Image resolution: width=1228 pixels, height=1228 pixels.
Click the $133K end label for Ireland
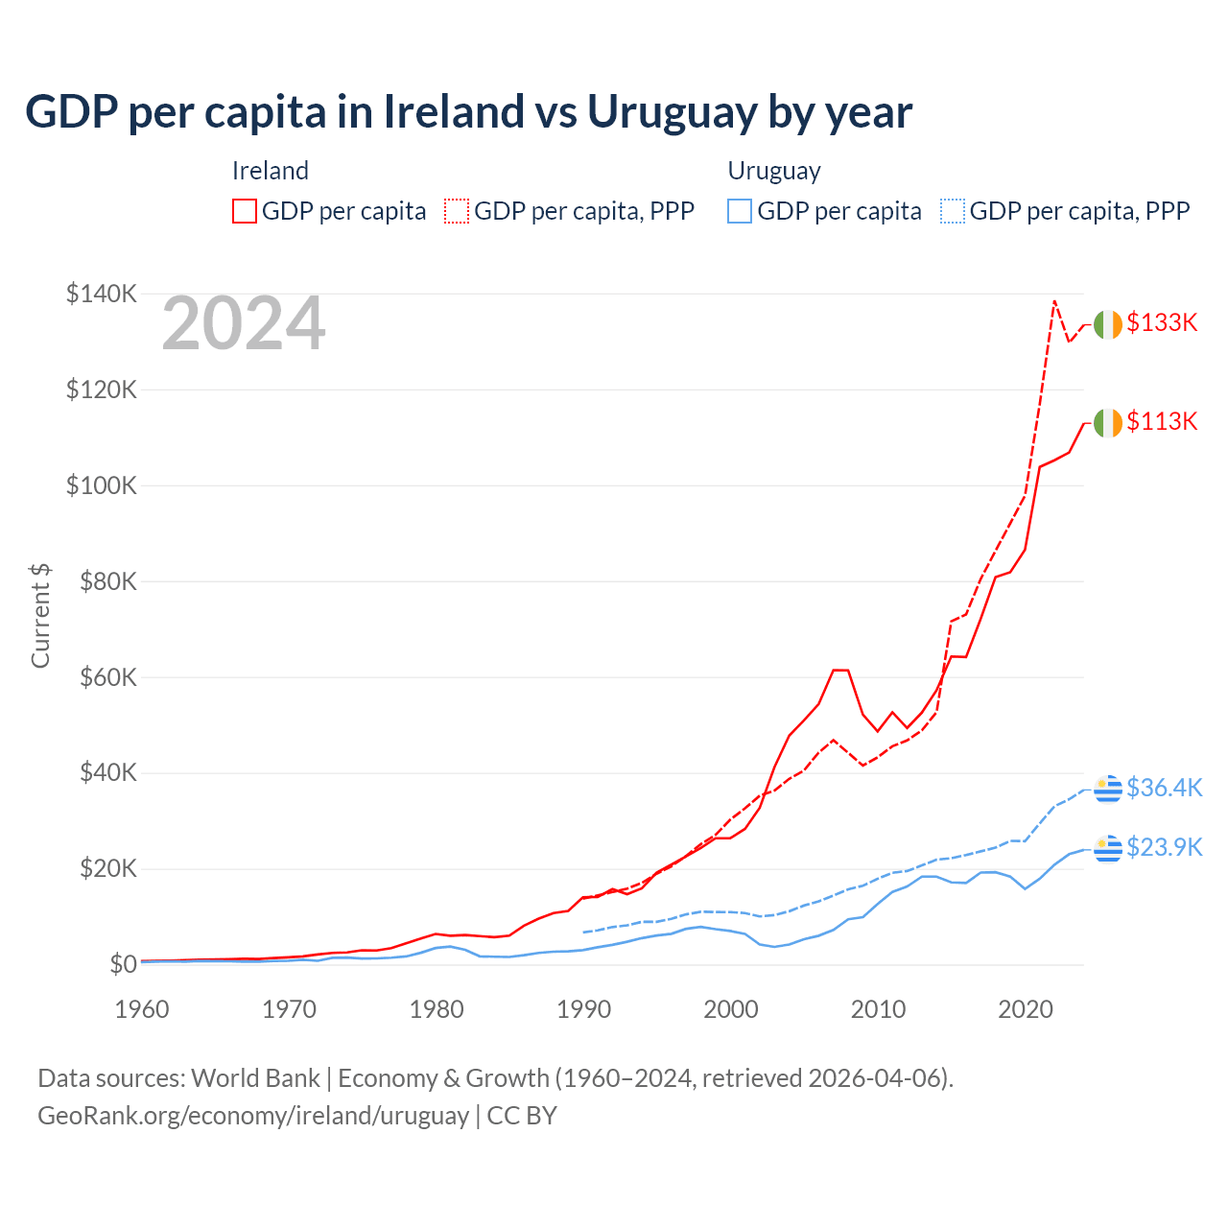point(1162,322)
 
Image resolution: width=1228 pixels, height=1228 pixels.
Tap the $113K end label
point(1162,421)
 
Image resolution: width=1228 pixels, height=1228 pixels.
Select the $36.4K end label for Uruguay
point(1164,788)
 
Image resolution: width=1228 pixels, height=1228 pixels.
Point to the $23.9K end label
point(1164,847)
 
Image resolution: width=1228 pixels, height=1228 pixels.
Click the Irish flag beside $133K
point(1108,324)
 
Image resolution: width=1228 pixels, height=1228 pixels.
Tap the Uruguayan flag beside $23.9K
point(1108,848)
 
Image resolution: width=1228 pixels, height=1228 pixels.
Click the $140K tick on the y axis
point(101,294)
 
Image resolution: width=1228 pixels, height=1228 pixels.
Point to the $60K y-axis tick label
point(101,677)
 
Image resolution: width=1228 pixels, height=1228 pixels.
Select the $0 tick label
point(123,964)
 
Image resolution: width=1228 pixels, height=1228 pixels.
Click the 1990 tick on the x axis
point(583,1009)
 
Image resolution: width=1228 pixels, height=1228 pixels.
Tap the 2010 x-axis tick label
point(878,1009)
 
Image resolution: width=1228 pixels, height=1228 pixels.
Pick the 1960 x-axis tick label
point(142,1009)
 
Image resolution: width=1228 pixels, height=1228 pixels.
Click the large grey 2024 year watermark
point(244,324)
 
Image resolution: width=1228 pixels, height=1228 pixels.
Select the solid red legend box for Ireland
point(245,211)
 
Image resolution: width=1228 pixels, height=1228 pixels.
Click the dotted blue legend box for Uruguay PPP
point(953,211)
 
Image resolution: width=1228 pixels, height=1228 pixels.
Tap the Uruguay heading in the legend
point(774,171)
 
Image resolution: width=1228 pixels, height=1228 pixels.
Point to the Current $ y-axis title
point(40,616)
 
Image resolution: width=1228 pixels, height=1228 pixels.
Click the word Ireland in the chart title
point(453,111)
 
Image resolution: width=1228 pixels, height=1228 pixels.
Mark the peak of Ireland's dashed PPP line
point(1054,301)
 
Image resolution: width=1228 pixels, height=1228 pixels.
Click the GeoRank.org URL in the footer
point(253,1116)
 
